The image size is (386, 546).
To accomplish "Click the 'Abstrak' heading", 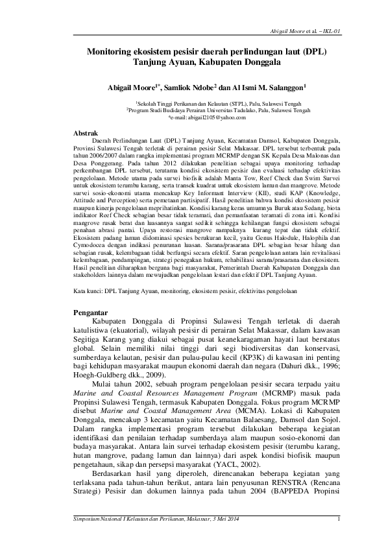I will (x=85, y=132).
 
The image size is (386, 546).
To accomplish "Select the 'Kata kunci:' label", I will (x=88, y=292).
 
